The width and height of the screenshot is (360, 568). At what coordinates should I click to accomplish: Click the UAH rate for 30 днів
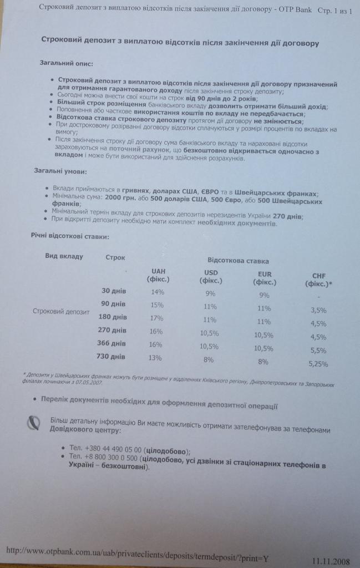[x=158, y=292]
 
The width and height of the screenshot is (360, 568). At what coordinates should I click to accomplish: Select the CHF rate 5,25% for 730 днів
[x=318, y=364]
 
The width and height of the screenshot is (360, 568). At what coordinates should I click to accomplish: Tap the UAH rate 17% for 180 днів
[x=156, y=318]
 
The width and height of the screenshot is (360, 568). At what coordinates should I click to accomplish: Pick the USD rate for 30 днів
[x=210, y=294]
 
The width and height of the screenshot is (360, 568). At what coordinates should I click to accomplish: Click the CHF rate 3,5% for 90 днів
[x=318, y=311]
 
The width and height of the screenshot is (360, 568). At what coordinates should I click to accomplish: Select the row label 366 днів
[x=111, y=344]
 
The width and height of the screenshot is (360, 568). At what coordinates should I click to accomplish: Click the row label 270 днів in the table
[x=112, y=331]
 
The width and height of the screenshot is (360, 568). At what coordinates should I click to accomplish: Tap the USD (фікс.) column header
[x=211, y=276]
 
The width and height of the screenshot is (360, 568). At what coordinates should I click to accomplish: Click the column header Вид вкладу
[x=64, y=256]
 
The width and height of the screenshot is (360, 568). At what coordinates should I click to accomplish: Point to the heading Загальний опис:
[x=66, y=63]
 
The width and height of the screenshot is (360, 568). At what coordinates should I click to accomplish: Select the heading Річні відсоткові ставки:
[x=69, y=236]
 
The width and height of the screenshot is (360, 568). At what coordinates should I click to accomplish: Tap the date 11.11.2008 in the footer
[x=331, y=560]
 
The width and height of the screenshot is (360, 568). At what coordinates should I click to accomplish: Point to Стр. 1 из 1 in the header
[x=335, y=11]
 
